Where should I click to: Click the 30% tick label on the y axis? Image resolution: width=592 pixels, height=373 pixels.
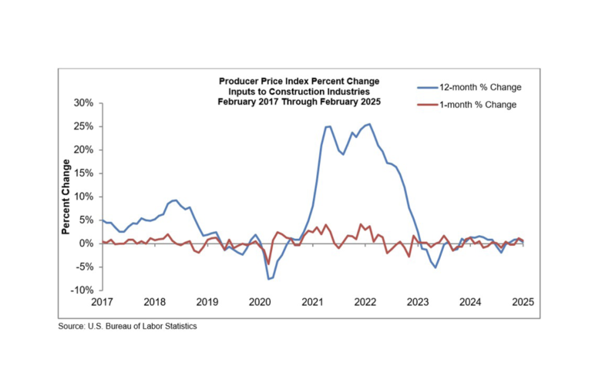[x=82, y=103]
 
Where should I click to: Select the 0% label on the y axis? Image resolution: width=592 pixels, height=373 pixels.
[x=85, y=244]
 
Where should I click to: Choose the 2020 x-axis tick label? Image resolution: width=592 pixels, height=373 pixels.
[x=259, y=303]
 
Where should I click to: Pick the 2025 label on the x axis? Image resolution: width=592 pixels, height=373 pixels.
[x=523, y=303]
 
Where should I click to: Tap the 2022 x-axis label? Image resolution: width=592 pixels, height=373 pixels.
[x=365, y=303]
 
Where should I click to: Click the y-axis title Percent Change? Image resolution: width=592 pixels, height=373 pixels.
[x=67, y=197]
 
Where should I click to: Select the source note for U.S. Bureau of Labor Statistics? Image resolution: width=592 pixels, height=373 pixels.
[x=127, y=327]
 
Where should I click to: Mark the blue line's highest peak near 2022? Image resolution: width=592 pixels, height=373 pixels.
[x=369, y=124]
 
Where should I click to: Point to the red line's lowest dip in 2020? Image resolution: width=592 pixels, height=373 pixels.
[x=268, y=264]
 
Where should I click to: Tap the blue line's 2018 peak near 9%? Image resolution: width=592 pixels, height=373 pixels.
[x=175, y=200]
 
